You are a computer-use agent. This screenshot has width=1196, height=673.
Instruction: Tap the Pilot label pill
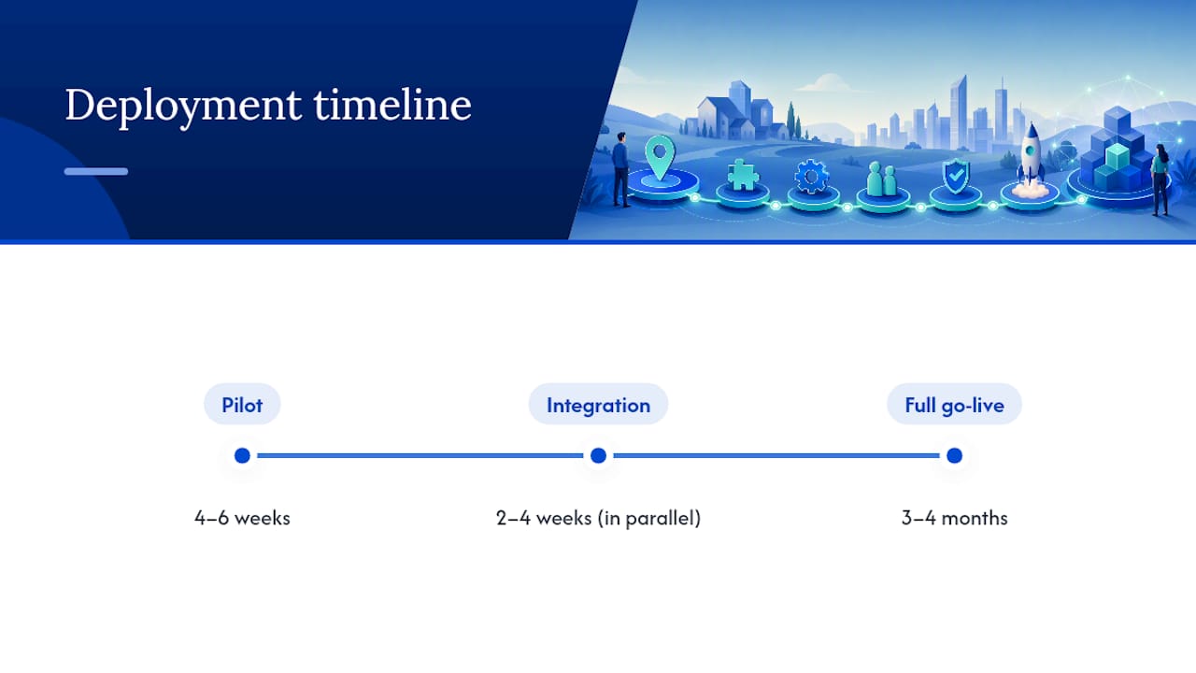pyautogui.click(x=242, y=405)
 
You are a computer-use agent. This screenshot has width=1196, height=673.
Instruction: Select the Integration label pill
pyautogui.click(x=598, y=405)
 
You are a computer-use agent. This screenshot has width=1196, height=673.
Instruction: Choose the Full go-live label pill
pyautogui.click(x=954, y=405)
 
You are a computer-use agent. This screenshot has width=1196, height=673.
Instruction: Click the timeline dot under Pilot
pyautogui.click(x=242, y=455)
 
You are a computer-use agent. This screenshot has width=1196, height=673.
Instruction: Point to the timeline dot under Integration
pyautogui.click(x=598, y=455)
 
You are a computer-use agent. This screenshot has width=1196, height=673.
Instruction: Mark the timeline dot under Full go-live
pyautogui.click(x=954, y=455)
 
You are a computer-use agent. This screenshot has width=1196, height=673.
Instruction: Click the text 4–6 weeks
pyautogui.click(x=242, y=518)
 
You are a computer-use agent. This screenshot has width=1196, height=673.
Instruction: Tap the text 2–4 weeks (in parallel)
pyautogui.click(x=598, y=518)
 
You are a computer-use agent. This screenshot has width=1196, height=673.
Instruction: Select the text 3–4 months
pyautogui.click(x=954, y=518)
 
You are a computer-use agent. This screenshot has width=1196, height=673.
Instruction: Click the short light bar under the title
pyautogui.click(x=96, y=171)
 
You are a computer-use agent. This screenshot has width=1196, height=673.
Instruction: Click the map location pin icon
pyautogui.click(x=660, y=156)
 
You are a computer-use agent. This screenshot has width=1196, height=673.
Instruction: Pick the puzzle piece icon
pyautogui.click(x=743, y=174)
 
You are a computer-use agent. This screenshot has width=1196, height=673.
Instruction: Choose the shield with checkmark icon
pyautogui.click(x=956, y=175)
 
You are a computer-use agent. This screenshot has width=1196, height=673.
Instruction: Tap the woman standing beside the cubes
pyautogui.click(x=1160, y=179)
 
